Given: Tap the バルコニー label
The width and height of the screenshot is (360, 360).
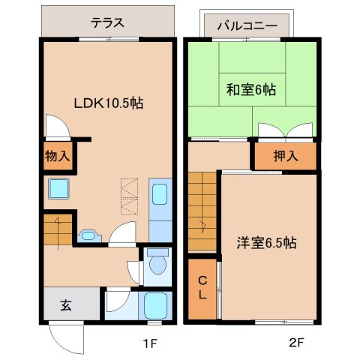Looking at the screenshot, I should [247, 25].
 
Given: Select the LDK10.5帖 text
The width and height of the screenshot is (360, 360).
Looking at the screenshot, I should [107, 104].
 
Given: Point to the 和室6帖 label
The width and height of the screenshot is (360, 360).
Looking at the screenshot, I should [250, 90].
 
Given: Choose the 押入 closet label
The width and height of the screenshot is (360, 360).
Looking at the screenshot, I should [283, 156].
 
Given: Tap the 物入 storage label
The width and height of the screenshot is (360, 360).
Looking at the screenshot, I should [57, 157].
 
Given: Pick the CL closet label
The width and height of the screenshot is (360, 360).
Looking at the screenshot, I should [202, 288].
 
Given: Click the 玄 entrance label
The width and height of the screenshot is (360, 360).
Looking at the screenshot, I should [66, 305].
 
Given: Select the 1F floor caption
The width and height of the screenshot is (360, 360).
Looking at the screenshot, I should [149, 345].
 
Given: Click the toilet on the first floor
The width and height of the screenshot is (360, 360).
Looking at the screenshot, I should [157, 265].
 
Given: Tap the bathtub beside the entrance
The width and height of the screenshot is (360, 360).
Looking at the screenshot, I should [156, 306].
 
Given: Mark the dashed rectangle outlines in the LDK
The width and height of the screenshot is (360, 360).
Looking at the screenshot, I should [130, 196].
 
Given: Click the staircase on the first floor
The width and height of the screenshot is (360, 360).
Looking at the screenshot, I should [58, 231].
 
